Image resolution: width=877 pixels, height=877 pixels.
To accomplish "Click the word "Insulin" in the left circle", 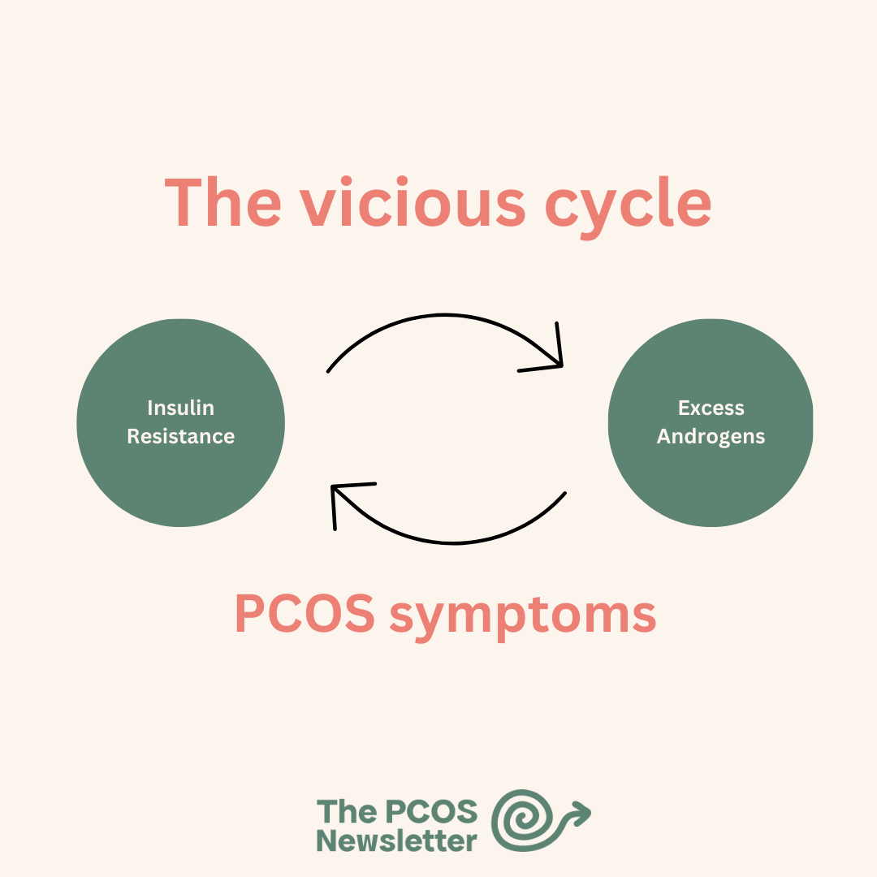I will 180,408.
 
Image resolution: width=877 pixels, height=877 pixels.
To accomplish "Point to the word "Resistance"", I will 180,436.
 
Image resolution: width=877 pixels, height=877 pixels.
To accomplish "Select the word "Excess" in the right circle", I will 711,408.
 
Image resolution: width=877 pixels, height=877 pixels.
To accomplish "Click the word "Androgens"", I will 711,436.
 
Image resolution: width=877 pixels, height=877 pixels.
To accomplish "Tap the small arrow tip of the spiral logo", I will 581,811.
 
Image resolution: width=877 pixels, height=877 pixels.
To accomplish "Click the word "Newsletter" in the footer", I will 396,840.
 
